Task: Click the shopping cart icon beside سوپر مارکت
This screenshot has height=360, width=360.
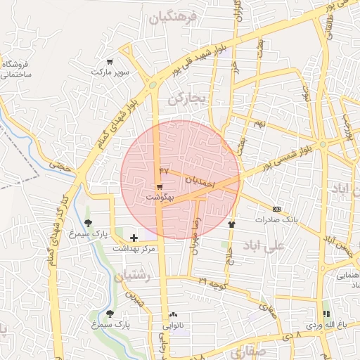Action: [x=109, y=61]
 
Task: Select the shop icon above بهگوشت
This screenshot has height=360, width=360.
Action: [x=160, y=187]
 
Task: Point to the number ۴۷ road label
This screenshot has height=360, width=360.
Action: [x=165, y=171]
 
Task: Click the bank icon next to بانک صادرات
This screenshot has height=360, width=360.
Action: [x=276, y=209]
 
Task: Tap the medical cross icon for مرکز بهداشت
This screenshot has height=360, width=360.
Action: [x=134, y=238]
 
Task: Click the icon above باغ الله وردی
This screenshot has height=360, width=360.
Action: [x=326, y=314]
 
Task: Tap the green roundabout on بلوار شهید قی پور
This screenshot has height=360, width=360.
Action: [x=153, y=86]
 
